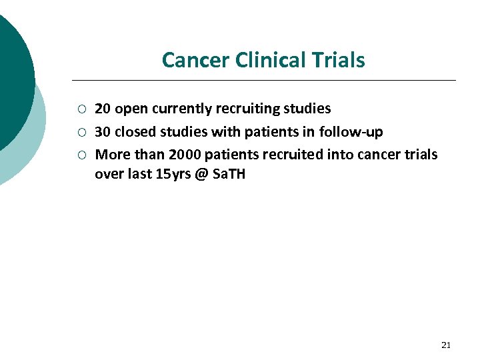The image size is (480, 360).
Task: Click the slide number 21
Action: [446, 345]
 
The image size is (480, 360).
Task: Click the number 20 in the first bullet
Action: [103, 109]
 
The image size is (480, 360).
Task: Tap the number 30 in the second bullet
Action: [103, 132]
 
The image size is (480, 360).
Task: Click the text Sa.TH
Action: [231, 175]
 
